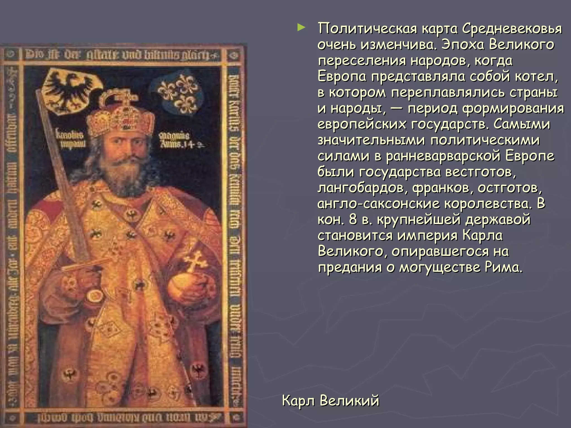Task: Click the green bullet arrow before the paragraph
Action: (301, 28)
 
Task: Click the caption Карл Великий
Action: (330, 401)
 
